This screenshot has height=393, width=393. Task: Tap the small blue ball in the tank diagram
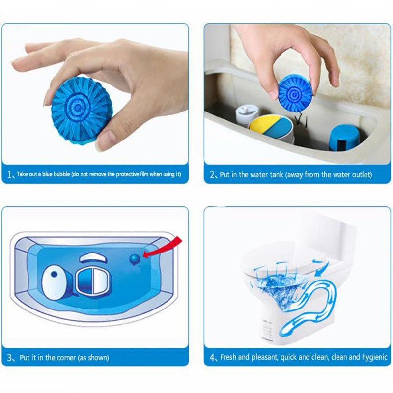tap(135, 259)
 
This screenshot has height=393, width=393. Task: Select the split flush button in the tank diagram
tap(93, 281)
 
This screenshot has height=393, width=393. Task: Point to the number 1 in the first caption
tap(10, 174)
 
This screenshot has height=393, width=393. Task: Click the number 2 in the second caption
tap(212, 175)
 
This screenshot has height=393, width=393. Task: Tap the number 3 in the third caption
tap(10, 358)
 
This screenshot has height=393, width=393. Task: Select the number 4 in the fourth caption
tap(212, 358)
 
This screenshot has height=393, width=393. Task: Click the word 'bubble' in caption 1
tap(60, 174)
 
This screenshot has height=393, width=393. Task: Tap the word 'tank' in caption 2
tap(276, 174)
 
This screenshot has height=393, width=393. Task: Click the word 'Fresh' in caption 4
tap(228, 357)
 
